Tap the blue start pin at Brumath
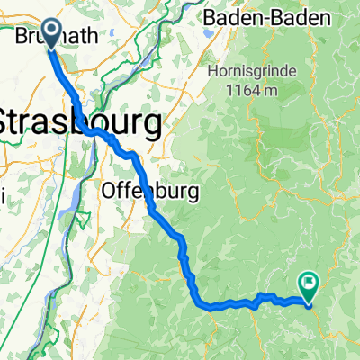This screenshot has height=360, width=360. coord(48,31)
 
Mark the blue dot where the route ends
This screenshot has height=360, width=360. coord(309,303)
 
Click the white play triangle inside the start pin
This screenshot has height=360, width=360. coord(49,31)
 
